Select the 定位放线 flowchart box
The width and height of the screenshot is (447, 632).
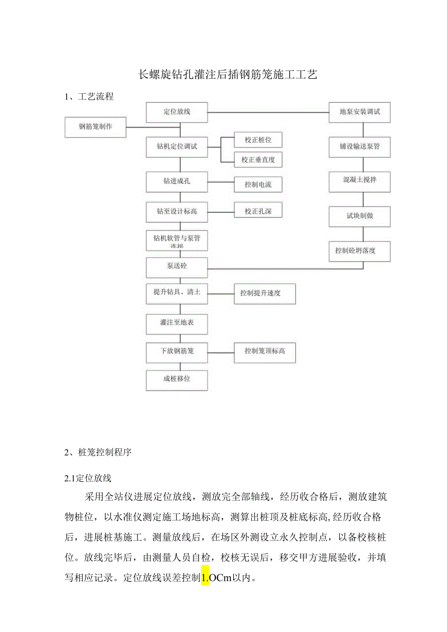[x=177, y=112]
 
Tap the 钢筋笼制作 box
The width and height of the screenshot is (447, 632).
[x=96, y=127]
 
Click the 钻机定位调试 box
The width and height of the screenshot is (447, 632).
[x=177, y=147]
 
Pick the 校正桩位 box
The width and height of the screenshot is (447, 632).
[x=258, y=140]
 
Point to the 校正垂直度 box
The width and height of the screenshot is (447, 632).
[x=258, y=159]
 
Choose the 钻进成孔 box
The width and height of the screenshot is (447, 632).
[x=177, y=182]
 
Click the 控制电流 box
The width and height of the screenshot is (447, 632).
[x=258, y=184]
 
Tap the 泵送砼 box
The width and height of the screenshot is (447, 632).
[x=177, y=266]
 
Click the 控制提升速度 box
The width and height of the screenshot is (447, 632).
[x=264, y=293]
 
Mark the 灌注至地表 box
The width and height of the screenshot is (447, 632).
[x=177, y=323]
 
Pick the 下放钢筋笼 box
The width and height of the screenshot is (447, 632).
[x=177, y=351]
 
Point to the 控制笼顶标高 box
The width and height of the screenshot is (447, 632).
[x=264, y=351]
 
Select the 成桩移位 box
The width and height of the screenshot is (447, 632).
[x=177, y=379]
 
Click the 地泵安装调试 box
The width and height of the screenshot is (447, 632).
[x=360, y=112]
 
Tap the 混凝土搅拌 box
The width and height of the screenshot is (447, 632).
[x=360, y=180]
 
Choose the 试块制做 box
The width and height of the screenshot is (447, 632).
[x=360, y=216]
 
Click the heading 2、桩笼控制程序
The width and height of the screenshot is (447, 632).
[x=98, y=452]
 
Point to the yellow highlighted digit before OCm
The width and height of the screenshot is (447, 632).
[x=205, y=578]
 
